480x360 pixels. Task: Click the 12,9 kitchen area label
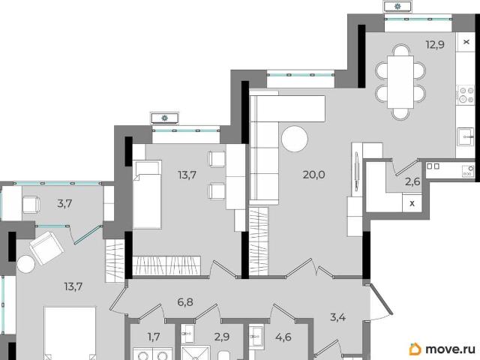[435, 45]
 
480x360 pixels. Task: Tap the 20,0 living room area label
[313, 175]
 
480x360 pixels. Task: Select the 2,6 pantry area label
[412, 181]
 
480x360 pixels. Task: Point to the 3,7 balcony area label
[64, 203]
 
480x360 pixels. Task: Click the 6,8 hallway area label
[185, 302]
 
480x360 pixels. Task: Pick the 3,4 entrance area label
[338, 317]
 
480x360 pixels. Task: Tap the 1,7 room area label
[154, 337]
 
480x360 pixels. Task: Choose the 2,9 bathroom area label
[222, 337]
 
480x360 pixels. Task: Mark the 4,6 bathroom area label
[283, 337]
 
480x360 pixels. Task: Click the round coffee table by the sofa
[295, 139]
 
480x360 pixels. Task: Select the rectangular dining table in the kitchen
[400, 82]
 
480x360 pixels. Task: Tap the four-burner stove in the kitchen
[465, 95]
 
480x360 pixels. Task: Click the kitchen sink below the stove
[465, 136]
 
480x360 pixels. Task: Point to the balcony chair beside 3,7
[31, 205]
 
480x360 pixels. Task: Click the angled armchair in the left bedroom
[46, 248]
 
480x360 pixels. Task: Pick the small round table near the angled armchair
[26, 264]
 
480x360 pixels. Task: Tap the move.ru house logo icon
[415, 349]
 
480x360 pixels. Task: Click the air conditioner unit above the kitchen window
[397, 6]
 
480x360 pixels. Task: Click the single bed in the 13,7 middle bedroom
[147, 194]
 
